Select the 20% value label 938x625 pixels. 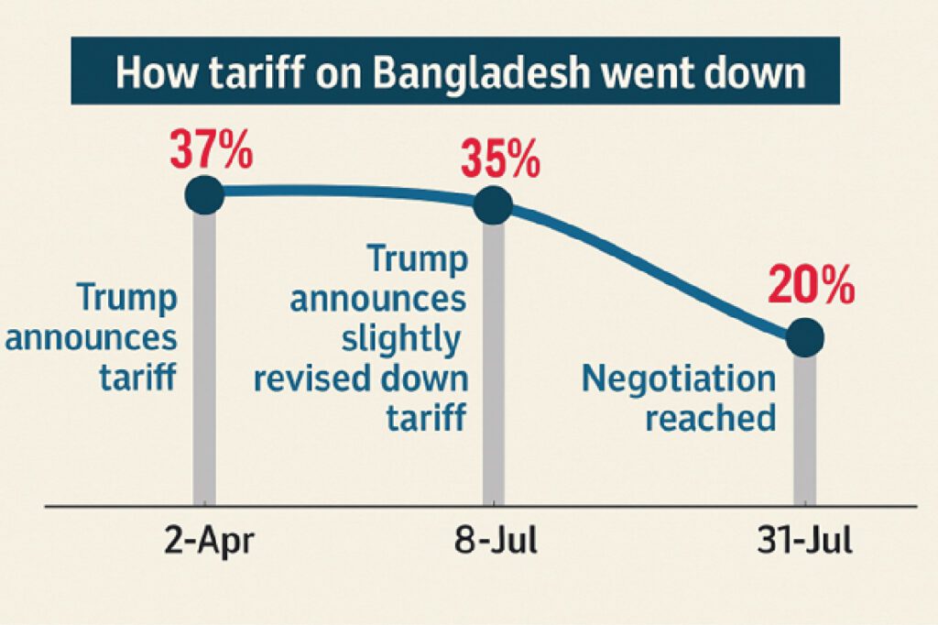pyautogui.click(x=812, y=285)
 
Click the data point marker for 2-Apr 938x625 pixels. pyautogui.click(x=204, y=195)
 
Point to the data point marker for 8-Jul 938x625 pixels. pyautogui.click(x=493, y=205)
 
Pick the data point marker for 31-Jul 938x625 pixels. pyautogui.click(x=804, y=337)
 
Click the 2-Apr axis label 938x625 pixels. pyautogui.click(x=209, y=541)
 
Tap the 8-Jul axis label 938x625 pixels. pyautogui.click(x=496, y=540)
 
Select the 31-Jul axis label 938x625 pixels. pyautogui.click(x=804, y=540)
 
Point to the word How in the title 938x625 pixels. pyautogui.click(x=157, y=72)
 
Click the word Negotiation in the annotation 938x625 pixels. pyautogui.click(x=679, y=379)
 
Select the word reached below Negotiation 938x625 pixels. pyautogui.click(x=711, y=417)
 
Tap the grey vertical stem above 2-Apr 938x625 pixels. pyautogui.click(x=204, y=359)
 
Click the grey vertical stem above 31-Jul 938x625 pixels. pyautogui.click(x=804, y=431)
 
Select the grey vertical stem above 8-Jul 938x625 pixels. pyautogui.click(x=493, y=365)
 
